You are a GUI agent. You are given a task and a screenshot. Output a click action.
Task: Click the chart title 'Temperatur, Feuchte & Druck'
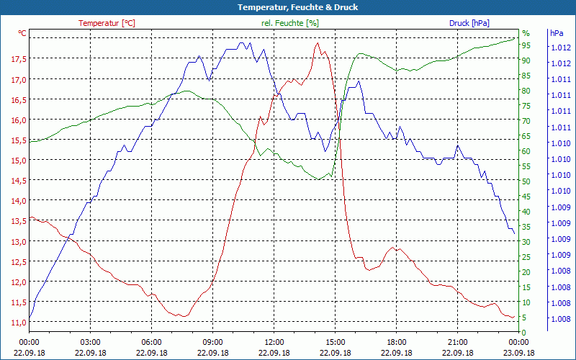coord(287,7)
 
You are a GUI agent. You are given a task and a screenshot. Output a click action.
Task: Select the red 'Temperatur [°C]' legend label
coord(107,23)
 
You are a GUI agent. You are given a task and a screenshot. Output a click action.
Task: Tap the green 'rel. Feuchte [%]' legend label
coord(289,23)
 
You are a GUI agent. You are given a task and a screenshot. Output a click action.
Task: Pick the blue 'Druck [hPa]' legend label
coord(469,23)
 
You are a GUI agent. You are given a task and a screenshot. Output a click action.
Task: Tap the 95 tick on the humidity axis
coord(526,45)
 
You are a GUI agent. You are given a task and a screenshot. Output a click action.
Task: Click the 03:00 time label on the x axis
coord(90,342)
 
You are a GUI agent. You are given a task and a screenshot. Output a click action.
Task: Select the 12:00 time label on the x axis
coord(274,342)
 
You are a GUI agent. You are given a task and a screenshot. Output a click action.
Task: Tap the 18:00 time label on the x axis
coord(397,342)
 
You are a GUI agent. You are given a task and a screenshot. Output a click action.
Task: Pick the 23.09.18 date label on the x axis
coord(519,353)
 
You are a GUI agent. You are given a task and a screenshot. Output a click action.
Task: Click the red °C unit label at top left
coord(22,33)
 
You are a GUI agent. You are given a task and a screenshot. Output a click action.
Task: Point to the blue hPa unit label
coord(557,33)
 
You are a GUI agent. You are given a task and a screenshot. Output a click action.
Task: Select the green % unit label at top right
coord(526,33)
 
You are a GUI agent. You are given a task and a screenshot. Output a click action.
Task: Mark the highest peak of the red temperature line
coord(317,43)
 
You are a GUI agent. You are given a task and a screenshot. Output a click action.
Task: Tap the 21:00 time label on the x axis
coord(458,342)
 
